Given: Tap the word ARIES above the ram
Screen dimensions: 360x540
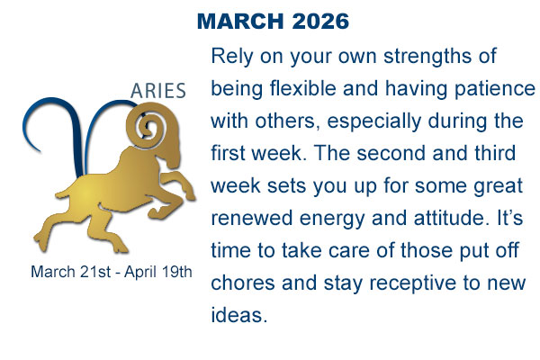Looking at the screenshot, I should pos(158,92).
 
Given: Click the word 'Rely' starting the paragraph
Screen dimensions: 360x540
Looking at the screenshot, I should pos(231,57).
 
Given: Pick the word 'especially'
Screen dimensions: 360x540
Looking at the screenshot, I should pos(370,121).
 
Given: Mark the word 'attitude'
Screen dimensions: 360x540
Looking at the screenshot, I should pos(466,216).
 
